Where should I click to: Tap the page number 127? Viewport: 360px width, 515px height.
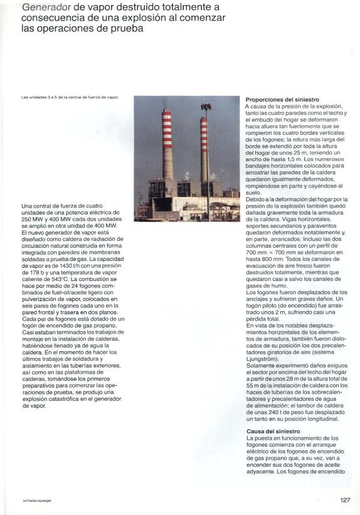[x=344, y=500]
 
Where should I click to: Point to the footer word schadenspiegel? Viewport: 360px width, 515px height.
[x=36, y=501]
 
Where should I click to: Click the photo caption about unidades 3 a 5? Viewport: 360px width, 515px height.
[x=70, y=97]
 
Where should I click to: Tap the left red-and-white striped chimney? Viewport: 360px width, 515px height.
[x=166, y=144]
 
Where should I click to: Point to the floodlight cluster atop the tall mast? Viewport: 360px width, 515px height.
[x=206, y=107]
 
